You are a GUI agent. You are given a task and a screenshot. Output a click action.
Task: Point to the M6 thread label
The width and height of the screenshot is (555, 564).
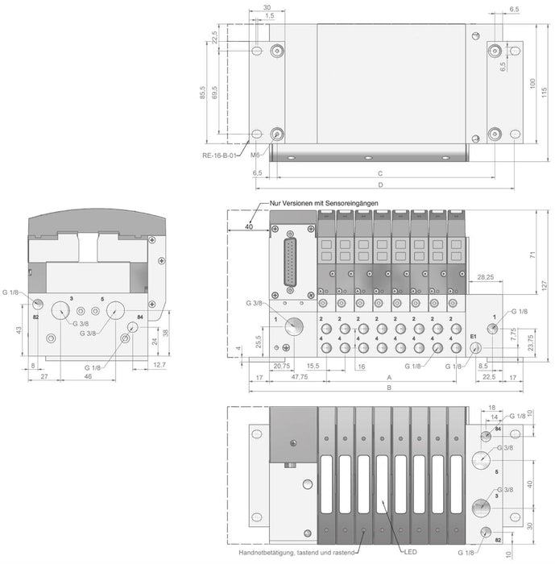[255, 155]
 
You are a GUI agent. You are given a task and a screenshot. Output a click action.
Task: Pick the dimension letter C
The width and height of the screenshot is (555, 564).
[378, 172]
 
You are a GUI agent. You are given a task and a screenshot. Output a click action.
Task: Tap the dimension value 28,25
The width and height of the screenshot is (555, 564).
[485, 277]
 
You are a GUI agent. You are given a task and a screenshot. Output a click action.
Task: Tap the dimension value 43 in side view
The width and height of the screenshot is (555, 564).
[18, 331]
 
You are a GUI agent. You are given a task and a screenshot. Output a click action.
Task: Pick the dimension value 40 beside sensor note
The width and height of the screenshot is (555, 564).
[249, 227]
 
